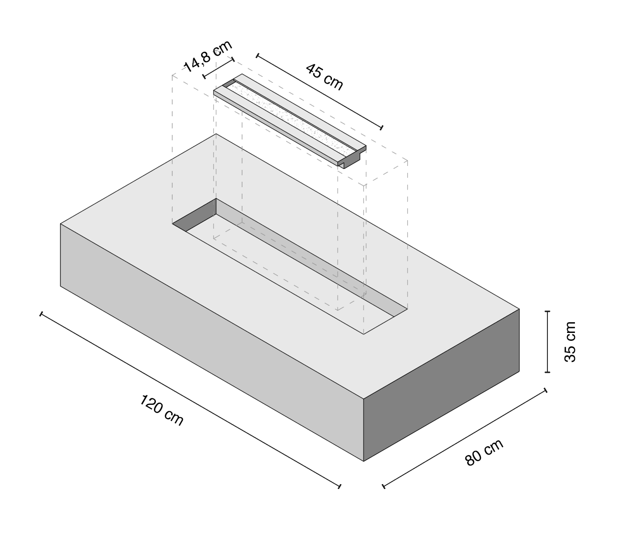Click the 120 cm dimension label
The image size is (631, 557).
161,410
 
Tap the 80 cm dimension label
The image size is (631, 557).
483,452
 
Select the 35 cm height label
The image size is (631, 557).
570,341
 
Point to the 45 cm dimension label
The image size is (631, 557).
324,77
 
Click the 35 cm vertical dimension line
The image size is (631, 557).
547,341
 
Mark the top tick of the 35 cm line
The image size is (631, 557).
547,311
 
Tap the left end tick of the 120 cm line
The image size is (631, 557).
41,314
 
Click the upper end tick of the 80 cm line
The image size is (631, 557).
545,390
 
